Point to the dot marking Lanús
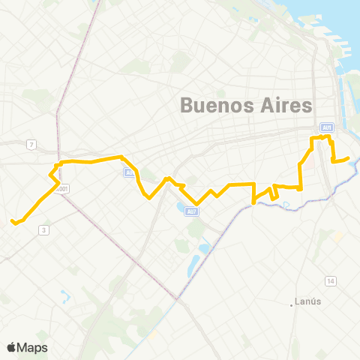click(x=292, y=304)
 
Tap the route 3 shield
click(x=44, y=229)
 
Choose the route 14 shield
click(x=330, y=280)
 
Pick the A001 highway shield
click(x=64, y=189)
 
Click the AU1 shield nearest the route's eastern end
click(x=326, y=127)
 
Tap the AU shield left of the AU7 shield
click(x=129, y=172)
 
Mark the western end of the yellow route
click(x=13, y=220)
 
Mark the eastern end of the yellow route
click(x=349, y=158)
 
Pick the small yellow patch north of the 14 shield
click(x=337, y=236)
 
